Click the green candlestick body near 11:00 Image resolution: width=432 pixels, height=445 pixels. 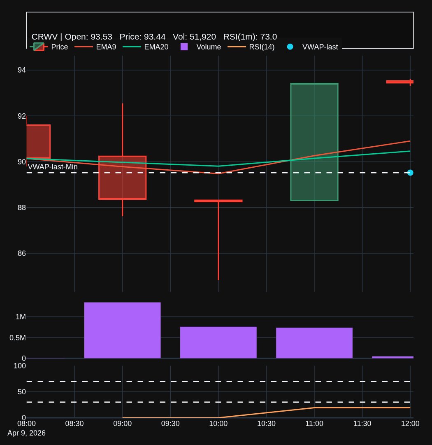(x=314, y=142)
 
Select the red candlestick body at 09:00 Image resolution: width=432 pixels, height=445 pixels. (x=122, y=177)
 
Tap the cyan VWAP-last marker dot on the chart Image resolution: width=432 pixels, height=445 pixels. (x=410, y=173)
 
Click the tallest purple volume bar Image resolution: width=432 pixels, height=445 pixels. (x=122, y=330)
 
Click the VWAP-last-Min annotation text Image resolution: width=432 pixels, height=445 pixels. (x=53, y=167)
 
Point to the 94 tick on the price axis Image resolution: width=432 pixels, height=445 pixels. (x=21, y=70)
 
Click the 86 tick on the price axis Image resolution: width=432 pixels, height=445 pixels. (x=21, y=253)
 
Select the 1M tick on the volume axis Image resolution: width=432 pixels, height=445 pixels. (x=21, y=317)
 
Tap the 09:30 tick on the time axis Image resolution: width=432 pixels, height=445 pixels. (x=170, y=424)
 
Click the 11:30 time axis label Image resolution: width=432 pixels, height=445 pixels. (x=362, y=424)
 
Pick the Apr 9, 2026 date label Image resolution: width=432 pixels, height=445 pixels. (x=26, y=433)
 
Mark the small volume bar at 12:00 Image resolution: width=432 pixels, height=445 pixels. (x=393, y=357)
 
